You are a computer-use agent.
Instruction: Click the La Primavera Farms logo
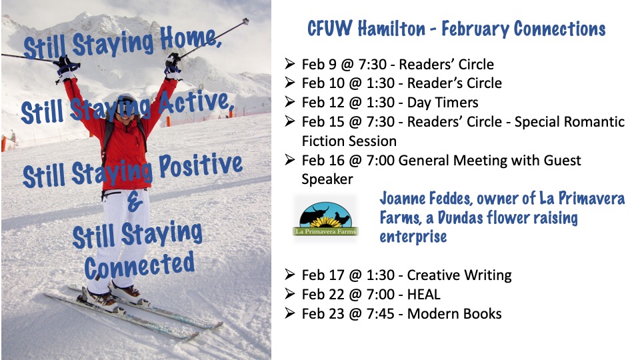325,219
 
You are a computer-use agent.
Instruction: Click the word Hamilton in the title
391,29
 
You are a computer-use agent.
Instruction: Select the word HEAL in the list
424,294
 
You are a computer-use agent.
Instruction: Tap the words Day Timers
443,103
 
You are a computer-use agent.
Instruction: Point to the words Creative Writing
459,275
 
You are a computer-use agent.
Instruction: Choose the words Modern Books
454,313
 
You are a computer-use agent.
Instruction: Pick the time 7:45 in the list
381,313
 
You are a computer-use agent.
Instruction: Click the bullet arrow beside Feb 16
290,159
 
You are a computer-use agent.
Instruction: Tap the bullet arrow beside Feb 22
290,294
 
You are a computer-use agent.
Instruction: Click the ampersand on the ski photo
134,203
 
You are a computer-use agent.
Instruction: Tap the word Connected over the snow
139,265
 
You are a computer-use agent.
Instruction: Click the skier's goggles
126,105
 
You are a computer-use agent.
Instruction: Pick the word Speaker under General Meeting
327,179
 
